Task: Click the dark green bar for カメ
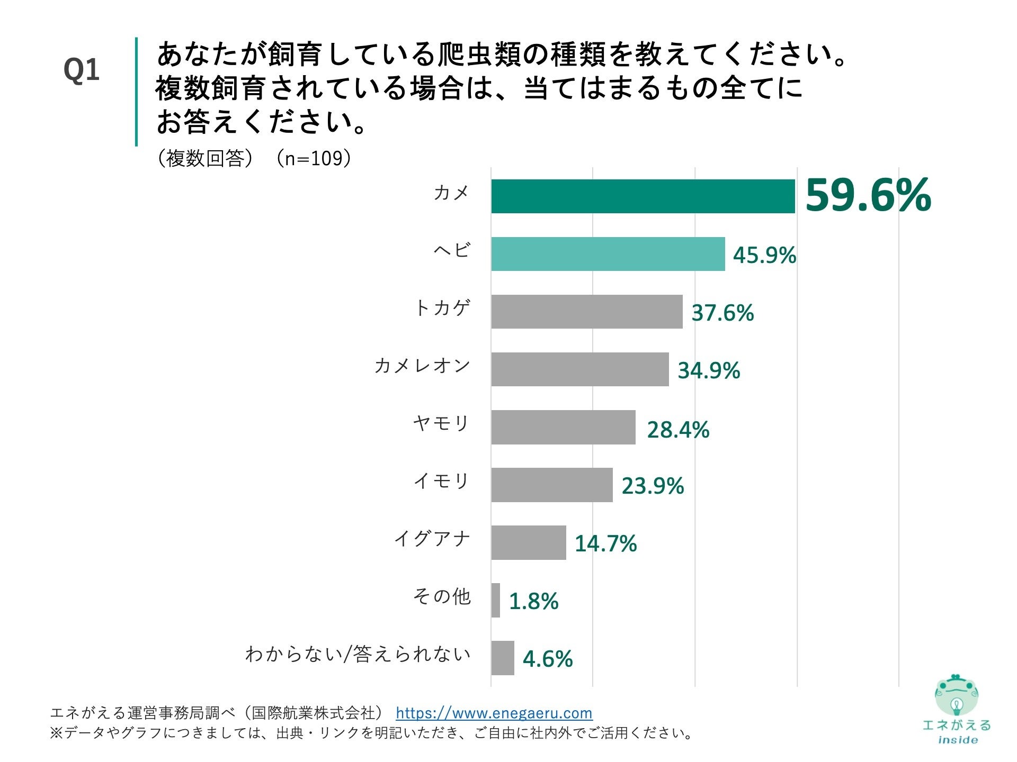click(x=643, y=196)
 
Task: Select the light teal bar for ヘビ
click(x=608, y=254)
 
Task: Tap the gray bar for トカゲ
click(x=586, y=312)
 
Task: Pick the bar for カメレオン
click(x=579, y=369)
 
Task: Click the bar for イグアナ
click(x=528, y=542)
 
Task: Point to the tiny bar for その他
click(x=495, y=600)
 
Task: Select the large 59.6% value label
click(x=868, y=195)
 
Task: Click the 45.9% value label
click(x=764, y=256)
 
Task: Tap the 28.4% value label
click(x=677, y=430)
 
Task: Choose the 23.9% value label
click(x=652, y=486)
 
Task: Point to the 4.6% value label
click(x=547, y=659)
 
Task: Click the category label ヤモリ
click(x=441, y=423)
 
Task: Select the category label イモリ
click(x=441, y=481)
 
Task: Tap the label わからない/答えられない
click(x=358, y=655)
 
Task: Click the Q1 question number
click(x=81, y=70)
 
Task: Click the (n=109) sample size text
click(x=313, y=158)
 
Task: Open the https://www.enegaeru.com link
click(x=494, y=713)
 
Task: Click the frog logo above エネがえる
click(x=956, y=696)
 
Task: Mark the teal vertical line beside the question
click(x=136, y=91)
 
